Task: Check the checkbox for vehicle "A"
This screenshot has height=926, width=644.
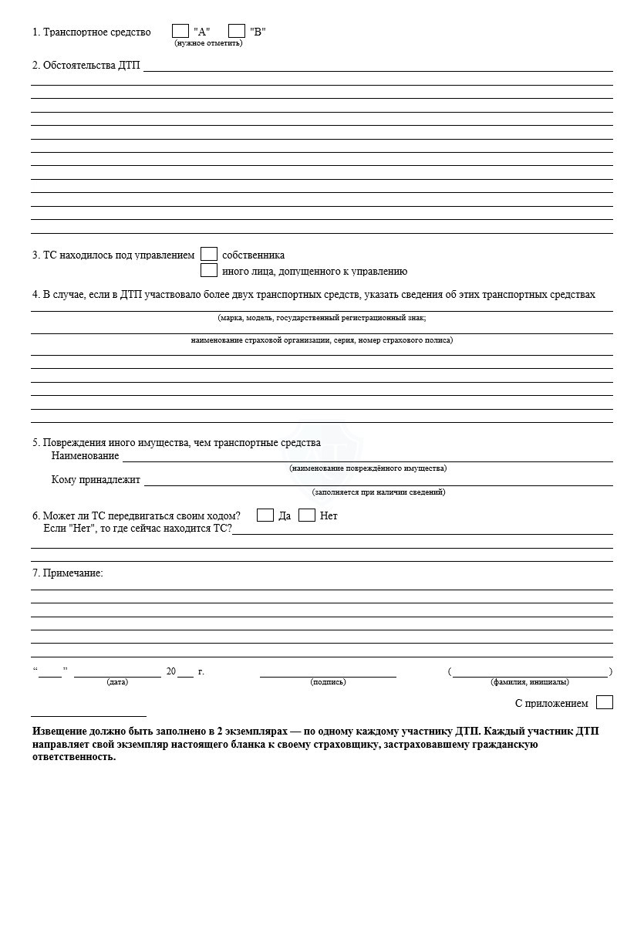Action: (x=180, y=31)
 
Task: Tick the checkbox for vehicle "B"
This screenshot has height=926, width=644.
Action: (x=237, y=31)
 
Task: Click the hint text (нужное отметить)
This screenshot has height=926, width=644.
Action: (x=208, y=43)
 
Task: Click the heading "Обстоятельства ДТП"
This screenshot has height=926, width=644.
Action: (x=86, y=65)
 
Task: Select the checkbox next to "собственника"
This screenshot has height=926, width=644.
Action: (x=208, y=254)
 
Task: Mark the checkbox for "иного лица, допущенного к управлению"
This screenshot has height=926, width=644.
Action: (x=208, y=270)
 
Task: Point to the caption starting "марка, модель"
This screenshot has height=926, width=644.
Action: (x=322, y=317)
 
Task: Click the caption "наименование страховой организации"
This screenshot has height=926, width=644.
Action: (x=322, y=340)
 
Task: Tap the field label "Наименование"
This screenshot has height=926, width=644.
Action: (x=85, y=455)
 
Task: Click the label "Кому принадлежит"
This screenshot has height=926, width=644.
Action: (x=96, y=479)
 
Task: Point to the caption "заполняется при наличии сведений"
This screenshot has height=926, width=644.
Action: (x=379, y=492)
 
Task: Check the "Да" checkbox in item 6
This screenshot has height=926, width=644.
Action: (x=265, y=515)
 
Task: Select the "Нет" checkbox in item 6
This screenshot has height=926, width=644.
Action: (x=306, y=515)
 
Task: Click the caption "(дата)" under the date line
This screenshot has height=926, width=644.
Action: (x=117, y=681)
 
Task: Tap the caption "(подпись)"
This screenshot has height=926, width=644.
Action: (x=328, y=681)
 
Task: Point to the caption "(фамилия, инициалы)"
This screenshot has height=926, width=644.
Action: (x=530, y=681)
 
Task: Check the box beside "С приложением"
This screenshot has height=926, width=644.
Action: (x=605, y=702)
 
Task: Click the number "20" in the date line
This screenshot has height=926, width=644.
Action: (x=170, y=671)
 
